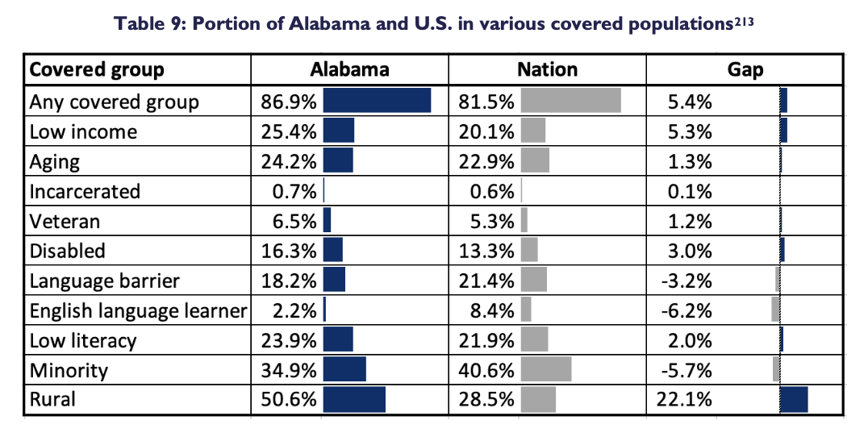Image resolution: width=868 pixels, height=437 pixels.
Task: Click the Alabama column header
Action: pos(349,69)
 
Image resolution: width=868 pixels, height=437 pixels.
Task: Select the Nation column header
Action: pos(547,69)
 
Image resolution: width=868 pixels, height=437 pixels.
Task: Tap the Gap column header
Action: pos(745,69)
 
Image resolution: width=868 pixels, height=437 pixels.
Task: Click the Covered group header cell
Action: pos(97,69)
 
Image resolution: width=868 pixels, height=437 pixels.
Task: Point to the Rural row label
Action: pos(52,399)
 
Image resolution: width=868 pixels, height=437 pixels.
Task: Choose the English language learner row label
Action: pos(137,310)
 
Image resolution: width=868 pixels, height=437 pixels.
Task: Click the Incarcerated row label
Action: pos(85,191)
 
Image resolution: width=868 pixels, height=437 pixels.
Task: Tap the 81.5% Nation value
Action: pos(491,102)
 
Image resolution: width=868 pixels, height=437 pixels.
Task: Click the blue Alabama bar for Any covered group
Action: pos(377,101)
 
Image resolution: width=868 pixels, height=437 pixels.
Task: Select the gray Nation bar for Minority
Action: pos(546,369)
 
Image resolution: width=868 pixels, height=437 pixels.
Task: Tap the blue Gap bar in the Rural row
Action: pos(795,399)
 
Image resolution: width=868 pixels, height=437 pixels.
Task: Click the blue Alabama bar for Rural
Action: pos(354,399)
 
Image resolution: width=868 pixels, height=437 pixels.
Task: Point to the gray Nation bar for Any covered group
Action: pos(571,101)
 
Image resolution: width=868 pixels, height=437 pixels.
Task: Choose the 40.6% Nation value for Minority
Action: pos(491,370)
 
